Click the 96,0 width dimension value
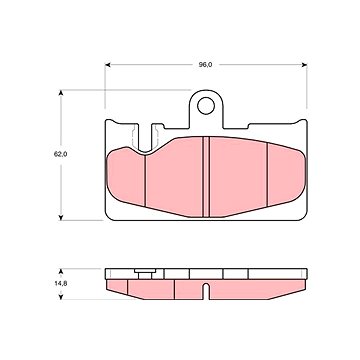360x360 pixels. [x=205, y=65]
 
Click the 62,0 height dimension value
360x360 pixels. [x=61, y=155]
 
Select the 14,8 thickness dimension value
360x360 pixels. [x=61, y=284]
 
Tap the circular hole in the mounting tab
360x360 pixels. [x=206, y=106]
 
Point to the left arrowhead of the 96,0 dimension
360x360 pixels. [x=108, y=65]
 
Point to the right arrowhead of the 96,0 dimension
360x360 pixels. [x=304, y=65]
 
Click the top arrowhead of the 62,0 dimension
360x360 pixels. [x=61, y=93]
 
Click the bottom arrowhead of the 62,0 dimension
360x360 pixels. [x=61, y=217]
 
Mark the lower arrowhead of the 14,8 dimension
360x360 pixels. [x=61, y=296]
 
